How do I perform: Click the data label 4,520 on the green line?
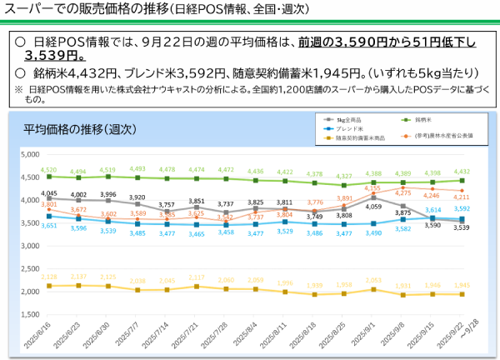pyautogui.click(x=49, y=170)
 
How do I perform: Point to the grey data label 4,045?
pyautogui.click(x=49, y=193)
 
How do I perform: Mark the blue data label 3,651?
pyautogui.click(x=49, y=225)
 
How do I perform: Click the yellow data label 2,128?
pyautogui.click(x=49, y=277)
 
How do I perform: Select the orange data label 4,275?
pyautogui.click(x=426, y=192)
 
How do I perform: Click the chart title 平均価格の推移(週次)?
pyautogui.click(x=79, y=130)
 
